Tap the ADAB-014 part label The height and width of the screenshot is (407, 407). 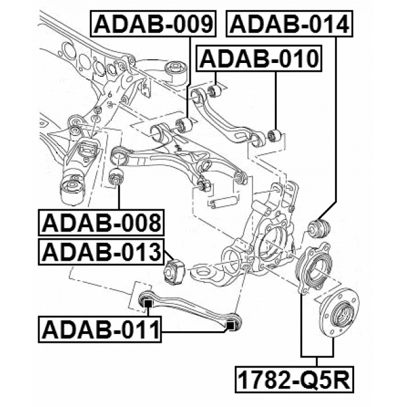[289, 25]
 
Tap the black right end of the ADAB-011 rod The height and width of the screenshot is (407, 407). [231, 324]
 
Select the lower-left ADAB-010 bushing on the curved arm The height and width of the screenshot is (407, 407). [214, 92]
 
